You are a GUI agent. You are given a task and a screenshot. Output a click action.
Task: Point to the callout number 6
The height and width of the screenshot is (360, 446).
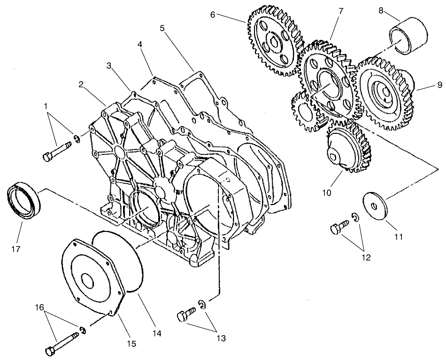pyautogui.click(x=213, y=15)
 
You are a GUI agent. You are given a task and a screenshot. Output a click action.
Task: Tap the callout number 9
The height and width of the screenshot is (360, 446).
pyautogui.click(x=439, y=85)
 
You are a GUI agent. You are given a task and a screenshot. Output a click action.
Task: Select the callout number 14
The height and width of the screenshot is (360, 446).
pyautogui.click(x=157, y=333)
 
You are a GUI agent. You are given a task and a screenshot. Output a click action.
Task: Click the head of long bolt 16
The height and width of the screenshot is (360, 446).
pyautogui.click(x=50, y=351)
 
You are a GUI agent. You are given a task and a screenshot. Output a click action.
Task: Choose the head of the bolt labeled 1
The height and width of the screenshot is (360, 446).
pyautogui.click(x=46, y=157)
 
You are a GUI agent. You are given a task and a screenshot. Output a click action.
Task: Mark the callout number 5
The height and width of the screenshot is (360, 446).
pyautogui.click(x=162, y=28)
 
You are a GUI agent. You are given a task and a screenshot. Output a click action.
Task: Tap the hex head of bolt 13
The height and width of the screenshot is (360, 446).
pyautogui.click(x=181, y=317)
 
